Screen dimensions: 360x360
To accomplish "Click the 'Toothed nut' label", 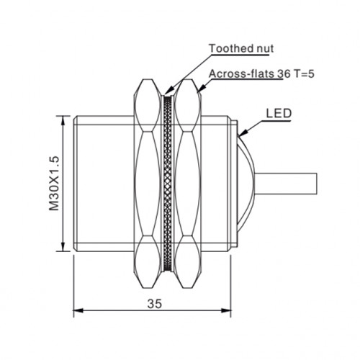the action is [x=241, y=48].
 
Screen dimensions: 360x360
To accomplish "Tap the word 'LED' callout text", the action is [x=279, y=113].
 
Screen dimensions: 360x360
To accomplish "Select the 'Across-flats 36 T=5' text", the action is [x=261, y=74].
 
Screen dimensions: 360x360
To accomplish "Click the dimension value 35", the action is [x=155, y=304].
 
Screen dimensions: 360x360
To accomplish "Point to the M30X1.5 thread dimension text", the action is [x=54, y=184].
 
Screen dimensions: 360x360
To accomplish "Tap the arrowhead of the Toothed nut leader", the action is [x=168, y=91].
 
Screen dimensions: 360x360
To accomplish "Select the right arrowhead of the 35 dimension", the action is [x=226, y=310].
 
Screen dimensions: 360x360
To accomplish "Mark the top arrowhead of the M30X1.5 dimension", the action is [x=63, y=121].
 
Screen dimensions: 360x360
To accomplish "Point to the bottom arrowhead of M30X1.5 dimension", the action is [x=63, y=246].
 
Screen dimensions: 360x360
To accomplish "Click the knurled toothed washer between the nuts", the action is [x=168, y=184].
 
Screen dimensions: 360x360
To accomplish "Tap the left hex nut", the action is [x=147, y=184].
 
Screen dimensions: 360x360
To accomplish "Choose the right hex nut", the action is [x=188, y=184].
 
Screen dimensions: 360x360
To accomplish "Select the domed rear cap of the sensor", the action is [x=246, y=184].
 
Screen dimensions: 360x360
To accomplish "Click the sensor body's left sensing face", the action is [x=75, y=184].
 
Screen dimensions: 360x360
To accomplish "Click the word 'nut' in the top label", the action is [x=264, y=49].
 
